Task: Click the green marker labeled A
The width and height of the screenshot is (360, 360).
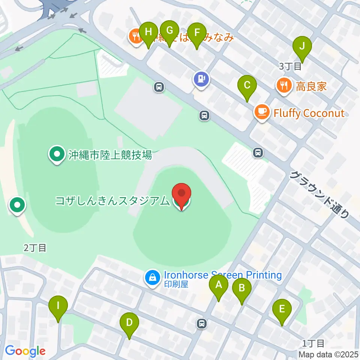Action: click(219, 286)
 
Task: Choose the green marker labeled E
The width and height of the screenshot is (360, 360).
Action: click(282, 310)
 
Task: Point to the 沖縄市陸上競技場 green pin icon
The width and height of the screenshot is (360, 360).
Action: click(57, 154)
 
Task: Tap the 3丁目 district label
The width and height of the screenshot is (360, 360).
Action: click(290, 67)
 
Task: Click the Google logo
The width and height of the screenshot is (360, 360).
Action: click(25, 351)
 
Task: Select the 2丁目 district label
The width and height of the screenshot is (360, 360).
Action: click(34, 247)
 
